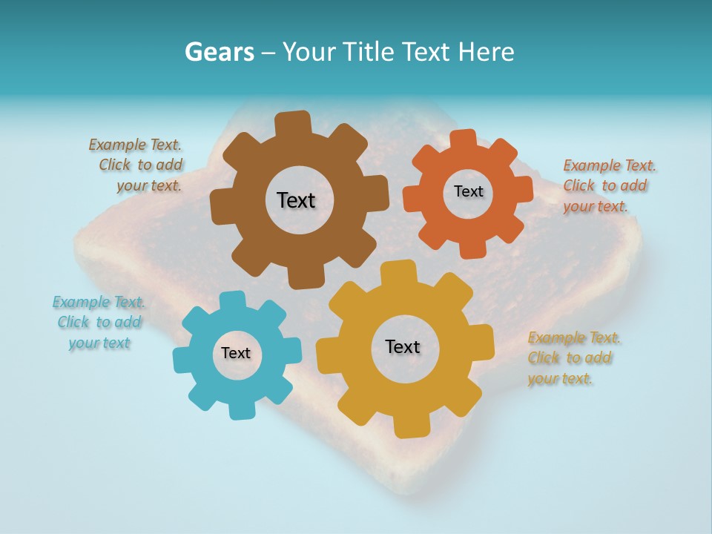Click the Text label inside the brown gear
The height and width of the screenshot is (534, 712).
(x=296, y=200)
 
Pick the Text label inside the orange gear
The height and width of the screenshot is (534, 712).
(x=468, y=191)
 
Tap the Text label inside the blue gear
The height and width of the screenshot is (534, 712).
(x=236, y=353)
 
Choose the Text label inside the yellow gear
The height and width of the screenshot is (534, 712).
(x=403, y=346)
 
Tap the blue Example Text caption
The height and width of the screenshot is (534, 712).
(x=99, y=322)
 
